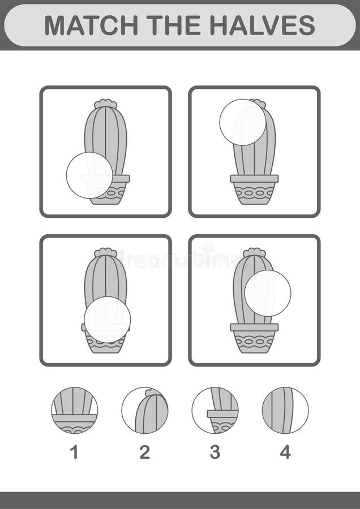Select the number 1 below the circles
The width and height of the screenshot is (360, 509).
[x=74, y=452]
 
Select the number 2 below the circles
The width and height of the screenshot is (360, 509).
[x=145, y=452]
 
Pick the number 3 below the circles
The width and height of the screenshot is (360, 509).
[x=215, y=452]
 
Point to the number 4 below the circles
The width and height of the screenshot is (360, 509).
[x=285, y=452]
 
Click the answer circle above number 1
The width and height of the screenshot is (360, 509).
[x=74, y=411]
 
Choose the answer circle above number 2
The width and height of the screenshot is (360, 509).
[x=145, y=411]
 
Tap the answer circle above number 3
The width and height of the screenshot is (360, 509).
[x=215, y=411]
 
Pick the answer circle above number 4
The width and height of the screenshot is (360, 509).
[x=285, y=411]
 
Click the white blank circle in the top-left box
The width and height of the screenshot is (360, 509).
[x=89, y=175]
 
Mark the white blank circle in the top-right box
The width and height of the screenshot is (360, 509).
[x=242, y=122]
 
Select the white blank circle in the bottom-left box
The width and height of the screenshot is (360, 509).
[x=108, y=320]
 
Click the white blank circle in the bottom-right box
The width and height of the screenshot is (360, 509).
[x=268, y=293]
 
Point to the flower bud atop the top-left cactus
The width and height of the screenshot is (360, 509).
[x=105, y=103]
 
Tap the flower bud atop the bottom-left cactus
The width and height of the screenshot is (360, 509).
[x=105, y=252]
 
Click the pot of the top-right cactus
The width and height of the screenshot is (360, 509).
[x=254, y=190]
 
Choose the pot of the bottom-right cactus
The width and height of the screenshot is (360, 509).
[x=254, y=339]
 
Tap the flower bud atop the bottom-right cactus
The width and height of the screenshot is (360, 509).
[x=254, y=252]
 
